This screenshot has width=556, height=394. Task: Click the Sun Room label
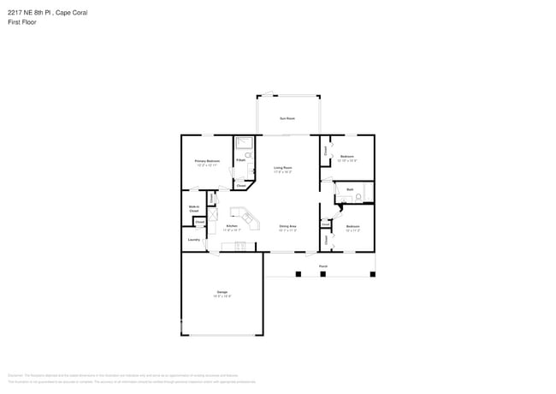tap(287, 118)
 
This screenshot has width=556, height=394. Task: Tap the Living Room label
tap(283, 168)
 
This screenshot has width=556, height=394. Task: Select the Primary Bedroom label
tap(207, 161)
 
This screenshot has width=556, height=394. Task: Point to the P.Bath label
tap(241, 160)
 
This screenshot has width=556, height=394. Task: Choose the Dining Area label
tap(287, 226)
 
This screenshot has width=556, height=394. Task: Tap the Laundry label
tap(194, 240)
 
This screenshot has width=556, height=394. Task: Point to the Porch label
tap(323, 266)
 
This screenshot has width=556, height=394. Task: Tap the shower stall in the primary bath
tap(245, 143)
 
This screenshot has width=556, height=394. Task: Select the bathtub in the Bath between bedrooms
tap(369, 193)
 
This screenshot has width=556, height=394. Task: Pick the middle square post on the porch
tap(323, 274)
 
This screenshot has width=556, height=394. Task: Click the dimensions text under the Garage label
tap(222, 297)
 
